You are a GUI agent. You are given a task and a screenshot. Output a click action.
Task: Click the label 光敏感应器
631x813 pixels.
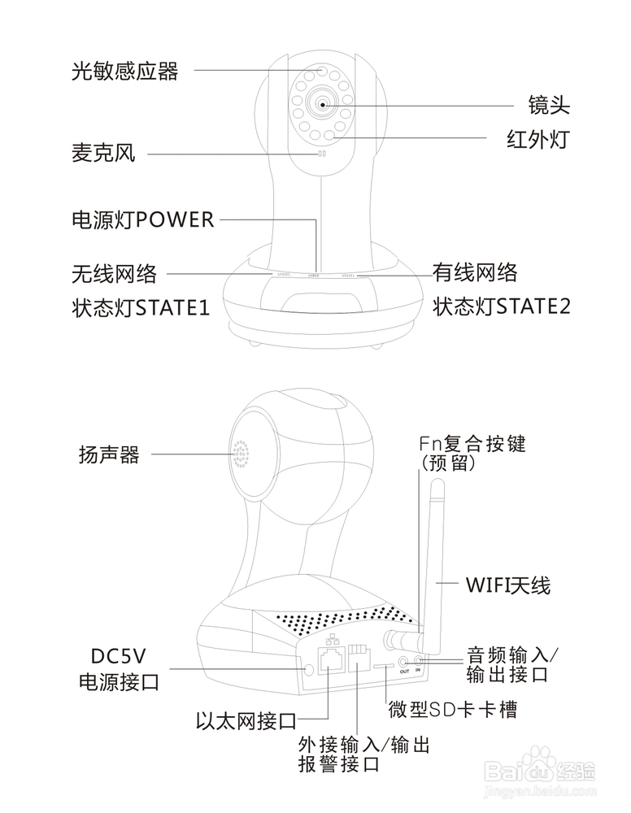[x=124, y=72]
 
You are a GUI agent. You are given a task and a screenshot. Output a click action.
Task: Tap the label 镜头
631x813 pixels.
[x=549, y=105]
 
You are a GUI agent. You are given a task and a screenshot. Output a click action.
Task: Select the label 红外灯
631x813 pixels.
[x=537, y=140]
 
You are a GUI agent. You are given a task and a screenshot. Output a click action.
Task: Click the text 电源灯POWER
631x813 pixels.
[x=143, y=220]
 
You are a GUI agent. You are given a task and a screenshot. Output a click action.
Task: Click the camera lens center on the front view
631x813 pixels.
[x=323, y=103]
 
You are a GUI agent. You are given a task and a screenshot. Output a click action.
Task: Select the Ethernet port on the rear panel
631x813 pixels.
[x=332, y=660]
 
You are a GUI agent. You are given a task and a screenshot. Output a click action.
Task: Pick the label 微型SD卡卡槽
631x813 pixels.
[x=452, y=710]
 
